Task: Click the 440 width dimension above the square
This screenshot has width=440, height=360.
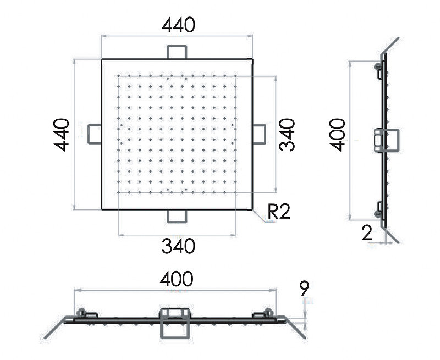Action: [x=178, y=25]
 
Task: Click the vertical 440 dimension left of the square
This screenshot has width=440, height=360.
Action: [x=61, y=135]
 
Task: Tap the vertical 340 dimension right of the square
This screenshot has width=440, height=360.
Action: [x=287, y=135]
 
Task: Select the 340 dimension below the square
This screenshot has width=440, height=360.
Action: [x=178, y=246]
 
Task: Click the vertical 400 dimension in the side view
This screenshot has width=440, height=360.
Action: [x=337, y=135]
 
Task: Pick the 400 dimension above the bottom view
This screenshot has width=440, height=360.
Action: [x=177, y=279]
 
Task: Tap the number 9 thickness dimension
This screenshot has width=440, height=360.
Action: [x=305, y=288]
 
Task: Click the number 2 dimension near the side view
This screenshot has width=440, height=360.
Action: [x=367, y=232]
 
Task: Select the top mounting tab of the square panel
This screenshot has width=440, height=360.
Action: [x=177, y=52]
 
